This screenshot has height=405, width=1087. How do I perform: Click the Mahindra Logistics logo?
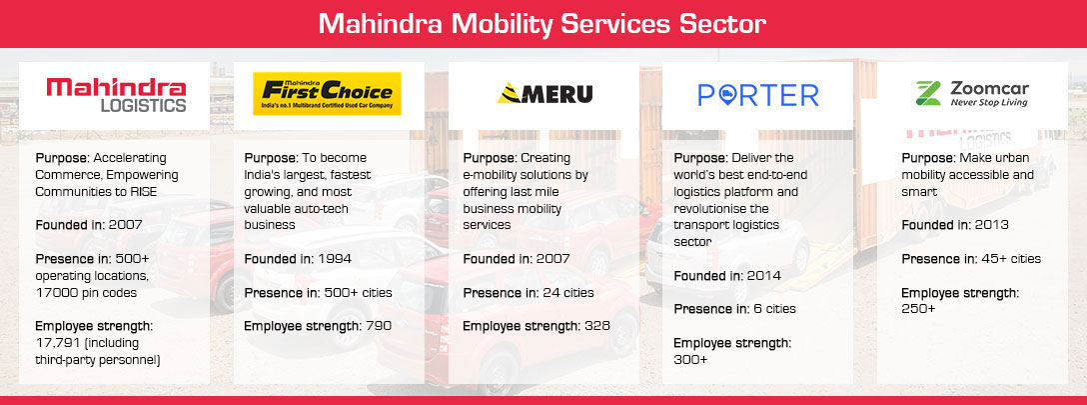pos(116,95)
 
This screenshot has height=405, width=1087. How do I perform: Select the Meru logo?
pos(544,94)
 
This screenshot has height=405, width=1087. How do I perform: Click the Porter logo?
pos(758,95)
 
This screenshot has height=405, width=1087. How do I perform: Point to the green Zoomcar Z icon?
pos(928,93)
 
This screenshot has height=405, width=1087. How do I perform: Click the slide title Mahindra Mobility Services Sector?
pos(543,24)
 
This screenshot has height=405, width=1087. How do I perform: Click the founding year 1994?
pos(335,259)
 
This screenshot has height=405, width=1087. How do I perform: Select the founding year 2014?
pos(764,276)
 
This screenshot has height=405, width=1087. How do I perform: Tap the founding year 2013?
pos(991,225)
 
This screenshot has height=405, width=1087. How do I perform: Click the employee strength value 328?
pos(596,326)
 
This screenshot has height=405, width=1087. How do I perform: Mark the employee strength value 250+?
pos(918,309)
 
